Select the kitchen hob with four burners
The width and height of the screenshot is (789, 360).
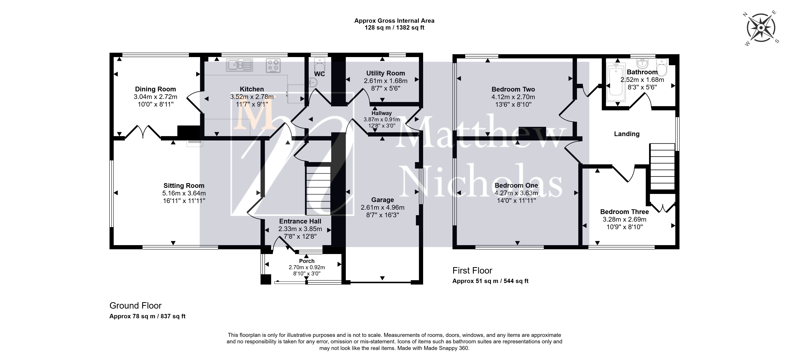click(x=273, y=65)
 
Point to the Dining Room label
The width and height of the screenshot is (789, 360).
click(x=156, y=89)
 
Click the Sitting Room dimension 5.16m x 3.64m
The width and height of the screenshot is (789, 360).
click(x=184, y=193)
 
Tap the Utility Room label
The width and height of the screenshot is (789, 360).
click(x=386, y=73)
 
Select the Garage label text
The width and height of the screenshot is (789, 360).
click(x=383, y=200)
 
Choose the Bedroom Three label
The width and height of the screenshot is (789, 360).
click(x=625, y=212)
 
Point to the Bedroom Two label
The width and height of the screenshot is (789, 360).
click(x=513, y=89)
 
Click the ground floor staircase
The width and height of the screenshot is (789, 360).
click(x=318, y=191)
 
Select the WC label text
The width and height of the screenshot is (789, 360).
click(x=319, y=74)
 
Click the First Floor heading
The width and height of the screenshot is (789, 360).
click(x=472, y=271)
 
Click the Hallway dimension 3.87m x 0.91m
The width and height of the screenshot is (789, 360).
click(x=382, y=119)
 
